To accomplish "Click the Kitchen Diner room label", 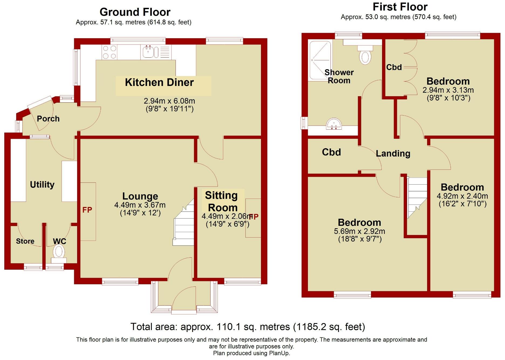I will click(159, 82).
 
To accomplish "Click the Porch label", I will click(48, 119).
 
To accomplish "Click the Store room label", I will click(25, 241).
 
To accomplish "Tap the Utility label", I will click(42, 185).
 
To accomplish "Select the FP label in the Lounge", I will click(87, 210).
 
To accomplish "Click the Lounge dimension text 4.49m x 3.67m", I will click(140, 205).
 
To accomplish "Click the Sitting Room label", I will click(222, 201).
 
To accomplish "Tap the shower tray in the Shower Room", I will click(320, 60).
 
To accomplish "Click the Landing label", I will click(393, 154).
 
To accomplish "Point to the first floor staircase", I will click(417, 197).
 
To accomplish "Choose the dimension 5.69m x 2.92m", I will click(359, 231).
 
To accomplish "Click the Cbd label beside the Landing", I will click(331, 152).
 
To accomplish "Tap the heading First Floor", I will click(400, 7).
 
